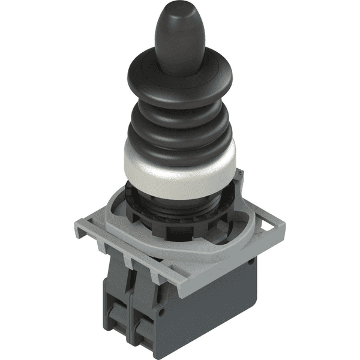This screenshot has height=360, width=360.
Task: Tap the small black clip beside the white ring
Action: (238, 176)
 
